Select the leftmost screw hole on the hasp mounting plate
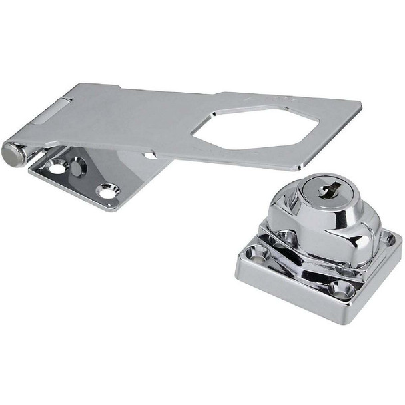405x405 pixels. [x=57, y=167]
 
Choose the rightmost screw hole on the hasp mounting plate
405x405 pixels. [x=105, y=192]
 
